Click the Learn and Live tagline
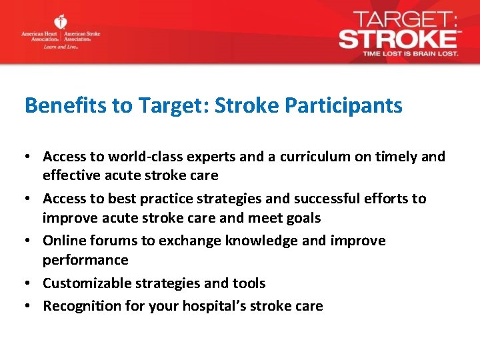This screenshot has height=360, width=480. pyautogui.click(x=61, y=47)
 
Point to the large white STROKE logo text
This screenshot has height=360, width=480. pyautogui.click(x=397, y=37)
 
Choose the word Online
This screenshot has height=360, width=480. pyautogui.click(x=63, y=241)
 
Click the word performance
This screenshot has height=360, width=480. pyautogui.click(x=85, y=260)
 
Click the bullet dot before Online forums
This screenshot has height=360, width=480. pyautogui.click(x=30, y=241)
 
